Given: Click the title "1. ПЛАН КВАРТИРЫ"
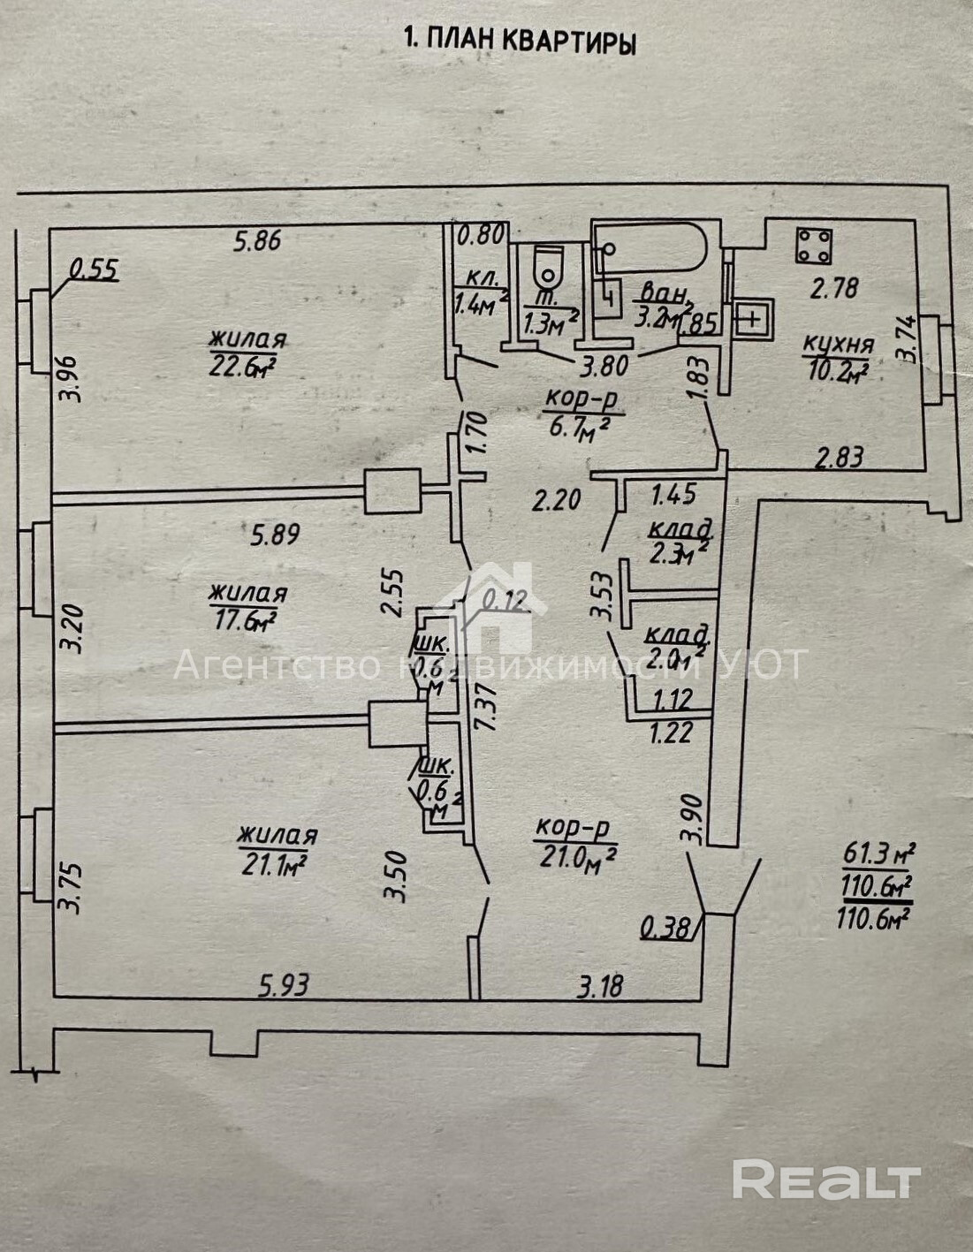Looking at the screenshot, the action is [519, 41].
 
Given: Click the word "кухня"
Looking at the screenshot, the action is [837, 345].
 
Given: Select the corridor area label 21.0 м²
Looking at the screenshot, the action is [575, 855].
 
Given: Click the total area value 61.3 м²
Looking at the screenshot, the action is [878, 854].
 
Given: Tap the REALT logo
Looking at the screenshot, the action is [826, 1180].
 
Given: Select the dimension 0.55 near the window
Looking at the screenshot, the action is [93, 270].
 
